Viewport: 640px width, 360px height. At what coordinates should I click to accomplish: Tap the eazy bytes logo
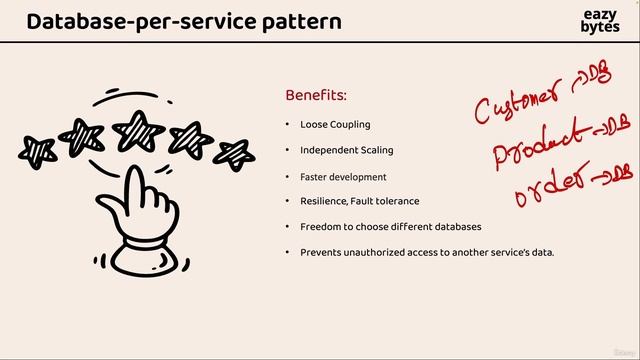[599, 21]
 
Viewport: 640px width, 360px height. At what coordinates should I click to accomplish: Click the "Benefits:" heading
[316, 95]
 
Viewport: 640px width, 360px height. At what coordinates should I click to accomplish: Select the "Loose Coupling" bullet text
[335, 125]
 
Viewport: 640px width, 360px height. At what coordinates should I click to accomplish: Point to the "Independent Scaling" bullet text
[347, 150]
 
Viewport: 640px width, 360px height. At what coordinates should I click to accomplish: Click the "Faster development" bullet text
[343, 176]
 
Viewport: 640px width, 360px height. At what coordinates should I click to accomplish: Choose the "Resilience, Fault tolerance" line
[359, 201]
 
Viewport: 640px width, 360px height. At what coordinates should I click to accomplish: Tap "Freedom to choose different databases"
[390, 226]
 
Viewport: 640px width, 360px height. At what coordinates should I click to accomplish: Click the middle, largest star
[138, 128]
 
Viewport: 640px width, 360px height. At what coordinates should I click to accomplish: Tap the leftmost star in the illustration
[39, 151]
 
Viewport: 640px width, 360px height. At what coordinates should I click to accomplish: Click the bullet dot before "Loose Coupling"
[288, 125]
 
